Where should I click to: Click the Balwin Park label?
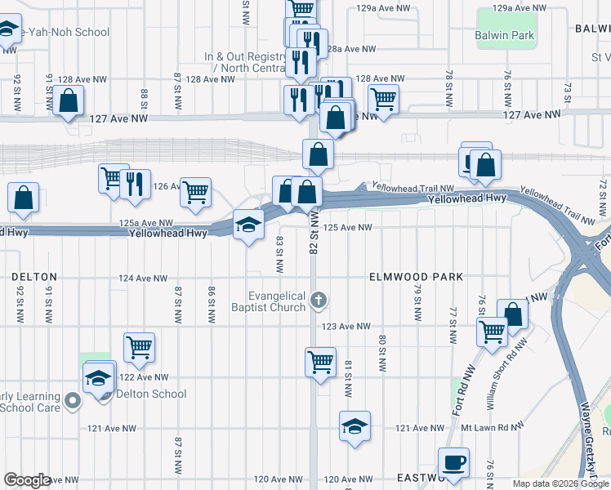click(504, 35)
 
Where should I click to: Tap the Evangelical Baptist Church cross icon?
click(319, 302)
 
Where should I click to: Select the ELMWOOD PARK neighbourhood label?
click(417, 277)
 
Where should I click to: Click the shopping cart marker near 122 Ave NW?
click(139, 346)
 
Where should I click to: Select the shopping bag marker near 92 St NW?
click(24, 197)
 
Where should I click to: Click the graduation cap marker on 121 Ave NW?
click(354, 426)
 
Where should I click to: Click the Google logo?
click(27, 480)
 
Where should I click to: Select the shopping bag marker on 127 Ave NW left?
click(69, 101)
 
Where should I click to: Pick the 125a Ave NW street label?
click(146, 223)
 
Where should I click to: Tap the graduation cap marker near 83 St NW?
click(248, 224)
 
